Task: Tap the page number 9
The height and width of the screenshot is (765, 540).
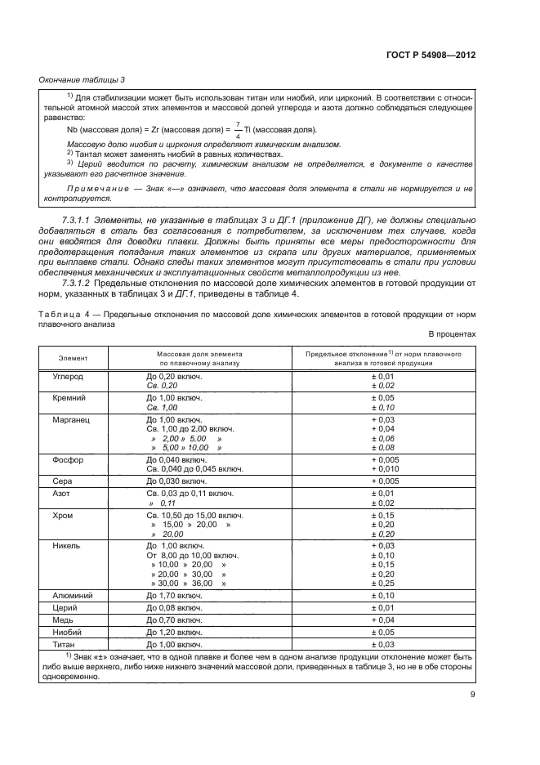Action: [472, 695]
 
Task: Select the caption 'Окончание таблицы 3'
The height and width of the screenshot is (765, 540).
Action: [82, 79]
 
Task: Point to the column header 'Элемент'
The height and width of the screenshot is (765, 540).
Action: [73, 358]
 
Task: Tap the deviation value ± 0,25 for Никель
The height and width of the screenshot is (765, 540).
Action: [382, 584]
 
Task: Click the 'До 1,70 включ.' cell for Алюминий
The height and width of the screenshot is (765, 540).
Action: [173, 597]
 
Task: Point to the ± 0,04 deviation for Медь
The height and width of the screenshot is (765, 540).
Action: [382, 620]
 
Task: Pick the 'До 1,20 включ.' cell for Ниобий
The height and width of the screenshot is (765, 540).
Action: [173, 632]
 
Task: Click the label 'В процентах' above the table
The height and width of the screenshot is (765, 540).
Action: [451, 334]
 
